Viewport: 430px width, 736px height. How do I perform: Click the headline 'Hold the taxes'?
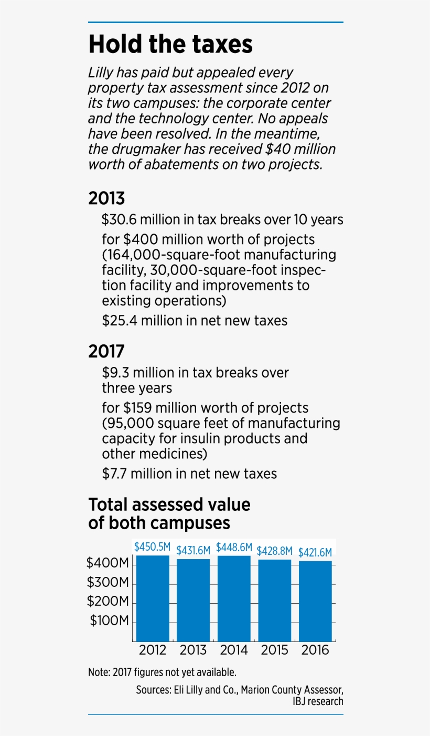tap(170, 45)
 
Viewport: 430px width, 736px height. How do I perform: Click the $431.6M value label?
tap(193, 551)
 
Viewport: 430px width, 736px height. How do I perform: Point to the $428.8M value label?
tap(275, 551)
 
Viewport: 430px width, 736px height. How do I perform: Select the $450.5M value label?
tap(152, 546)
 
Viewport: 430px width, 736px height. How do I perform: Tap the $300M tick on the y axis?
tap(108, 583)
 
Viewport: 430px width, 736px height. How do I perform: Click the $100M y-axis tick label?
tap(109, 621)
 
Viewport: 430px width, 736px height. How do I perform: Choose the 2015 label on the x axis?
tap(275, 650)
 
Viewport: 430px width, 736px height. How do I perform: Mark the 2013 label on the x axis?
tap(193, 650)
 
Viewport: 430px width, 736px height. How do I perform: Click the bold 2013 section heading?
tap(106, 198)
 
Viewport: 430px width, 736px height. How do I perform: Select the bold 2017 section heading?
tap(106, 351)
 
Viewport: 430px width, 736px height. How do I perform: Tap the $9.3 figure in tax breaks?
tap(115, 373)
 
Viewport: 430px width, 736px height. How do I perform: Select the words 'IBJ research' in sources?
tap(318, 701)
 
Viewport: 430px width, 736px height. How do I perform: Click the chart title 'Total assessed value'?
tap(169, 504)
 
